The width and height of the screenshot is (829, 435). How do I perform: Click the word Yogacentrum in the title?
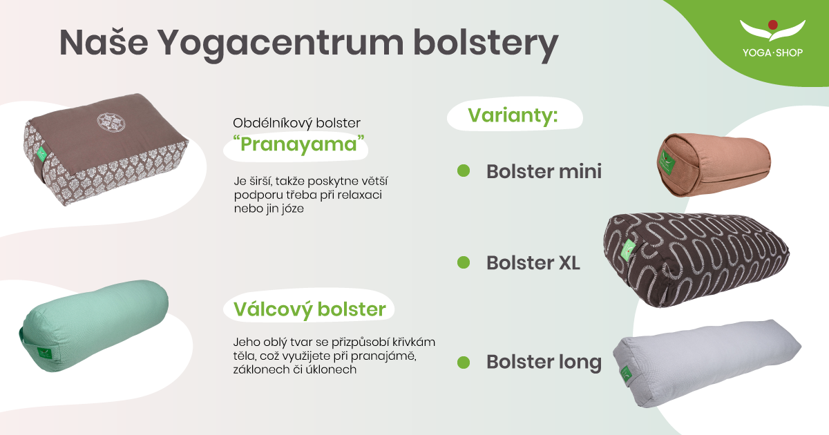tap(281, 44)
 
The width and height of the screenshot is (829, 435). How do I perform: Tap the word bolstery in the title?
tap(486, 44)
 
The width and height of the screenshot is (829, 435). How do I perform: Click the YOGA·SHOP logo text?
tap(773, 53)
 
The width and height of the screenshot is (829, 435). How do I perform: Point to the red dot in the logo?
tap(773, 25)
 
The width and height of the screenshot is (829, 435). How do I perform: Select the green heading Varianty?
tap(513, 115)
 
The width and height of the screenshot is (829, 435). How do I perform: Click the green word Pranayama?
tap(298, 144)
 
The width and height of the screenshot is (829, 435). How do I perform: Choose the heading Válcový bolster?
tap(309, 309)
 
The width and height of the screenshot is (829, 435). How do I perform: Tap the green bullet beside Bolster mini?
tap(464, 171)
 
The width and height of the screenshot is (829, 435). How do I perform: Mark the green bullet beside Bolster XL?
tap(464, 262)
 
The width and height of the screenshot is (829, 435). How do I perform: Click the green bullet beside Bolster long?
tap(464, 362)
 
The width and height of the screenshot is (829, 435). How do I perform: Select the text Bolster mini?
tap(544, 171)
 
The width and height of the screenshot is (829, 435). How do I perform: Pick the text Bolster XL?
tap(533, 263)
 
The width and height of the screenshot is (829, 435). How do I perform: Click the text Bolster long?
tap(544, 362)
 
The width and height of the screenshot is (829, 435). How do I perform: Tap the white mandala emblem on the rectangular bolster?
tap(111, 123)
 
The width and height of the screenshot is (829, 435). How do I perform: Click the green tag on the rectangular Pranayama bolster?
tap(41, 154)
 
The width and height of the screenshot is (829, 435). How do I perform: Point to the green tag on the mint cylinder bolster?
tap(45, 352)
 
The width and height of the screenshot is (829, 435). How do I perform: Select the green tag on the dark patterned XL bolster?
tap(629, 251)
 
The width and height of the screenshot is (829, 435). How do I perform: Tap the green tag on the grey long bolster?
tap(627, 374)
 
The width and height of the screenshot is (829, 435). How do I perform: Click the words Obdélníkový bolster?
tap(296, 123)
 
